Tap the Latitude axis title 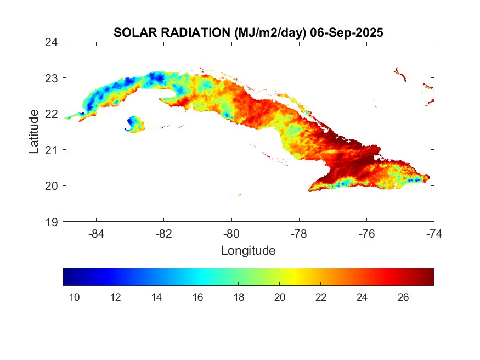pyautogui.click(x=34, y=132)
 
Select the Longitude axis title pyautogui.click(x=248, y=251)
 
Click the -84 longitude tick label pyautogui.click(x=97, y=234)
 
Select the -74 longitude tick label pyautogui.click(x=434, y=234)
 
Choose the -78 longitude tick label pyautogui.click(x=299, y=234)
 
